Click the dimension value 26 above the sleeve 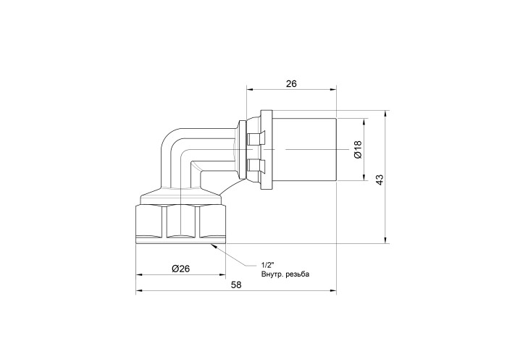click(291, 84)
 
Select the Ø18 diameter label click(358, 150)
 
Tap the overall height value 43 click(380, 180)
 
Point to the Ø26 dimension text click(181, 269)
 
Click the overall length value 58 click(236, 285)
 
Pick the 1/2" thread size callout click(267, 266)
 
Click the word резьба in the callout click(298, 274)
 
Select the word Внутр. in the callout click(273, 274)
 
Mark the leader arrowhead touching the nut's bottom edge click(214, 246)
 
